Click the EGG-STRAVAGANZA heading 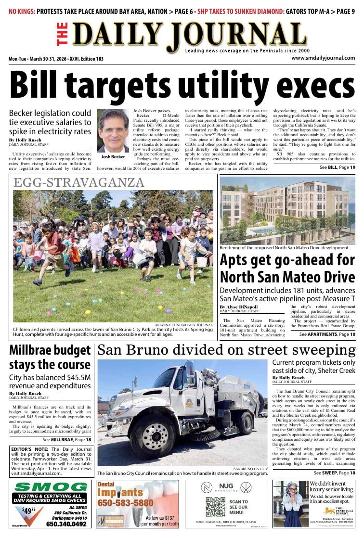coord(79,182)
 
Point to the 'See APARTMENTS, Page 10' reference coord(327,334)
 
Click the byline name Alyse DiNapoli coord(239,307)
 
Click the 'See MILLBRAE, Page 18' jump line coord(66,439)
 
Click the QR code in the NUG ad coord(215,507)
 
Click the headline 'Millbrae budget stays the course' coord(50,358)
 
